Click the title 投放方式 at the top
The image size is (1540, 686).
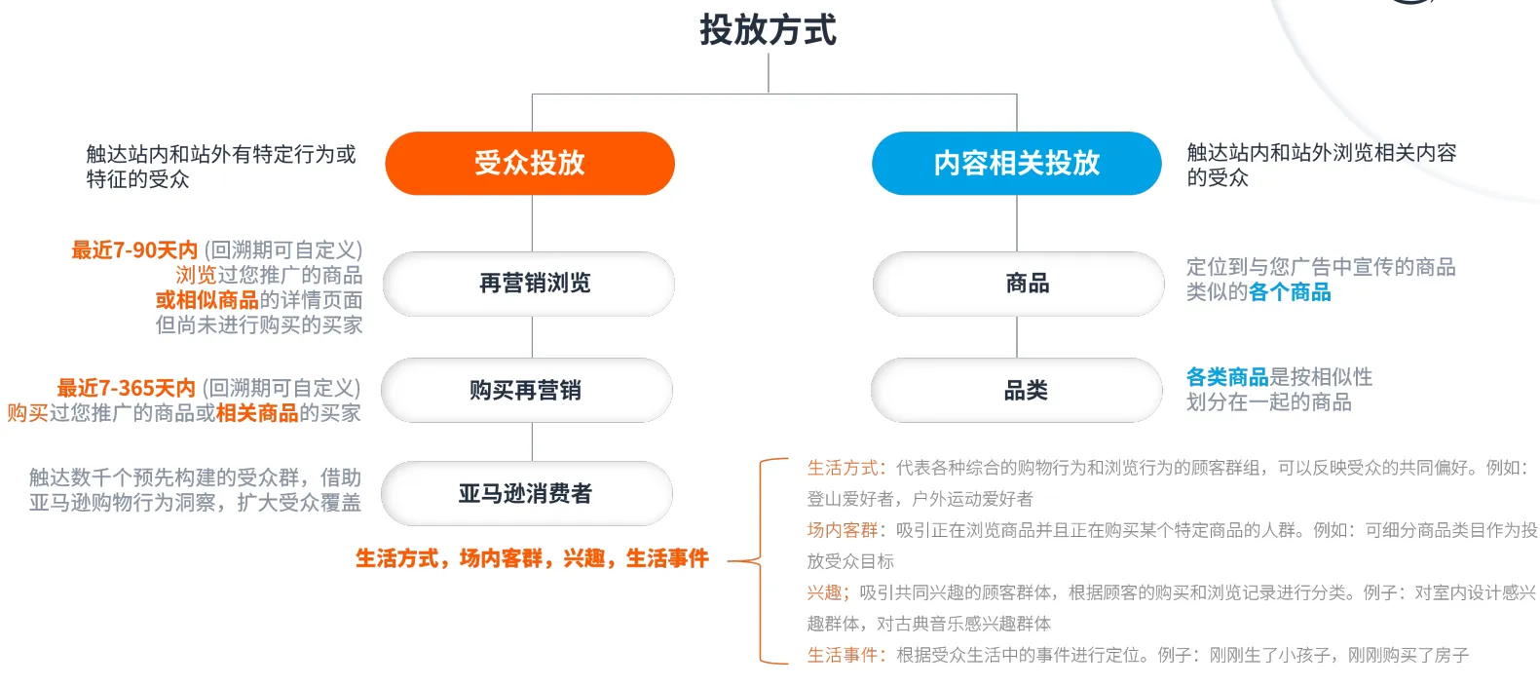(768, 30)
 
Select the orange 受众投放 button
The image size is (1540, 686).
(530, 163)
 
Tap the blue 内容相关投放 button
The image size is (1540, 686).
(1016, 163)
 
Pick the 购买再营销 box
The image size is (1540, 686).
(527, 390)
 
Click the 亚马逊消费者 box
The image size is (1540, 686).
(527, 494)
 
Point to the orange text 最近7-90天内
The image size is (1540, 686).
(134, 250)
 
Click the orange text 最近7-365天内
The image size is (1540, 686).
(127, 388)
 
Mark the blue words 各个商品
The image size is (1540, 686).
(1290, 292)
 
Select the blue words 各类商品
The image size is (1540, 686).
(1227, 377)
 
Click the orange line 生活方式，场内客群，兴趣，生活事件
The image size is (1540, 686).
(532, 558)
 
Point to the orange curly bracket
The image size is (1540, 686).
(763, 561)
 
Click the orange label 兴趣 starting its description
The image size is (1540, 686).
(825, 592)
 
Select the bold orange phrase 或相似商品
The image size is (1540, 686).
(207, 300)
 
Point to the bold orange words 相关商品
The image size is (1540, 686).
(257, 413)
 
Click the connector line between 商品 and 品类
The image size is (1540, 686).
(1017, 337)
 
